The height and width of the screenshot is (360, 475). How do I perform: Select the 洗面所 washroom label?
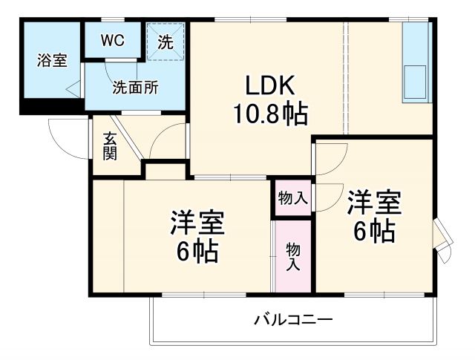pyautogui.click(x=135, y=87)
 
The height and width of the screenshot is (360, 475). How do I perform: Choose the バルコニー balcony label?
pyautogui.click(x=293, y=320)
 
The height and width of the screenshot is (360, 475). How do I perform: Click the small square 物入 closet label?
pyautogui.click(x=293, y=197)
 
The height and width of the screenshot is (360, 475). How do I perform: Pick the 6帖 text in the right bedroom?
pyautogui.click(x=373, y=232)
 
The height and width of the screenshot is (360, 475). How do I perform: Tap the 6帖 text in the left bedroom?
pyautogui.click(x=197, y=252)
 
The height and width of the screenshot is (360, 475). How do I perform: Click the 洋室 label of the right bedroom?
pyautogui.click(x=373, y=201)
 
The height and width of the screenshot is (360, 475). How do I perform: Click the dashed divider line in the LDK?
pyautogui.click(x=345, y=82)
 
